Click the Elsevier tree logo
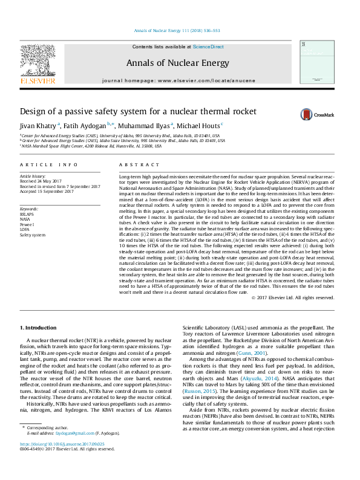tap(38, 60)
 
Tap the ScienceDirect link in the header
tap(208, 47)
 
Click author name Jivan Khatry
tap(38, 126)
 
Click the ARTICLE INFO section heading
tap(49, 164)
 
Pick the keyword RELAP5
tap(28, 213)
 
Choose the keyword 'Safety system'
tap(33, 235)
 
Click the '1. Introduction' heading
tap(39, 327)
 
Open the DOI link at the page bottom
tap(62, 461)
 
